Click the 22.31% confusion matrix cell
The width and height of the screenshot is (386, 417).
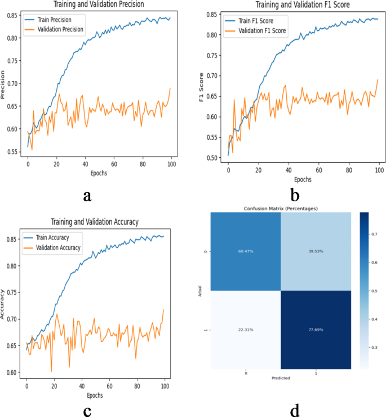click(x=245, y=330)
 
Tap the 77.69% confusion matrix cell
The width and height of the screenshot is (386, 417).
click(x=316, y=330)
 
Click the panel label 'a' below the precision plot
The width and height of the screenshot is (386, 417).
click(x=87, y=196)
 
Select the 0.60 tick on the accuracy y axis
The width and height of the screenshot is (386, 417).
click(x=12, y=372)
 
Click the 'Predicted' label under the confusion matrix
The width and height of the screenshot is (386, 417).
click(x=280, y=378)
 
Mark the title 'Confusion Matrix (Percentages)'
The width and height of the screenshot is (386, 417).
click(x=280, y=208)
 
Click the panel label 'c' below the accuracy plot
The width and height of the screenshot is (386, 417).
click(x=87, y=411)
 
